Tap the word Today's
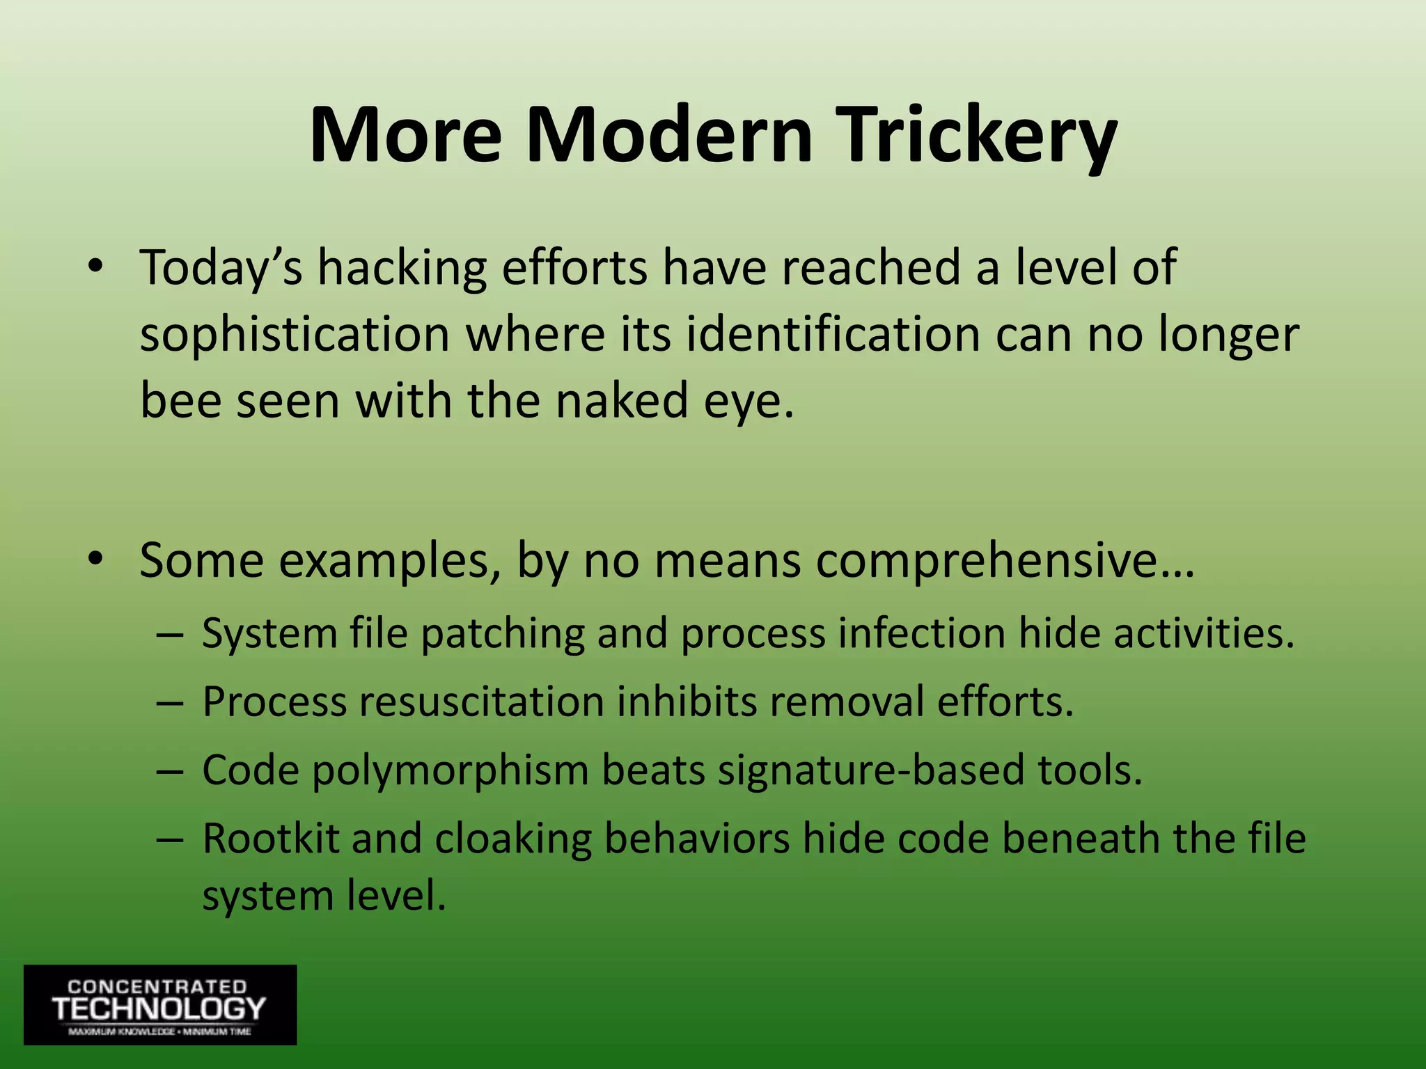pos(221,269)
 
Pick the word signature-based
pos(871,771)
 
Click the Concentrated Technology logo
pos(160,1004)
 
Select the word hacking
pos(402,269)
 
